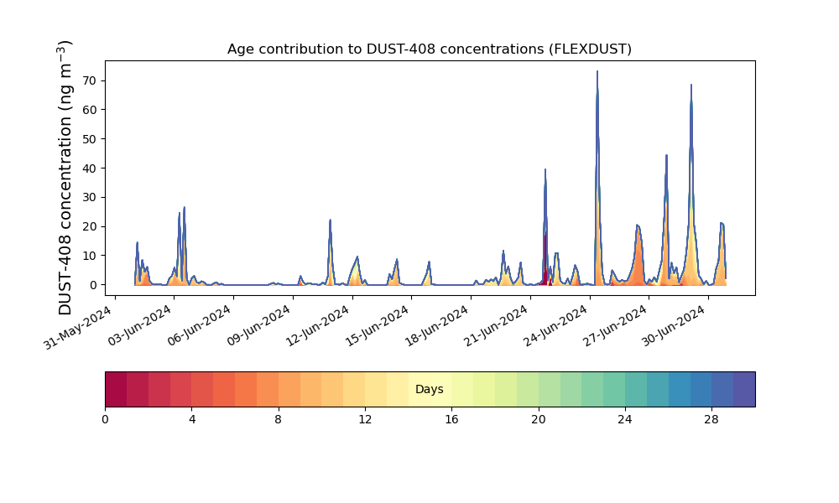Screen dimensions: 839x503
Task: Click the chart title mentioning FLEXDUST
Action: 429,49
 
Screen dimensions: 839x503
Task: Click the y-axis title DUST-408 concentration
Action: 65,178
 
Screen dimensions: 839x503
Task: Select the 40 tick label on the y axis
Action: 89,169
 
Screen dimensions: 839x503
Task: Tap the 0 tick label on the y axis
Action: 94,285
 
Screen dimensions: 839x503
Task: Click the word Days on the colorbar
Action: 429,389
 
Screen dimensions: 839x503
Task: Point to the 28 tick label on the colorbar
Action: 711,420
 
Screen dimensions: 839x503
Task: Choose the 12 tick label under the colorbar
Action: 365,420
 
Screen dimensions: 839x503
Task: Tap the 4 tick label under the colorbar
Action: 192,420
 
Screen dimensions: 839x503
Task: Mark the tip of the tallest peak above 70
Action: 597,71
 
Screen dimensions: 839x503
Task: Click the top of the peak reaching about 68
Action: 691,85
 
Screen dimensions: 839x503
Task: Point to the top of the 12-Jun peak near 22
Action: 330,220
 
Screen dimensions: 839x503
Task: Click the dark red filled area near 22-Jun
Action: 545,262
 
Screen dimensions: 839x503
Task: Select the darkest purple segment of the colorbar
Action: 744,389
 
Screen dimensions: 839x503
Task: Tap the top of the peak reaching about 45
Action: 666,155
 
